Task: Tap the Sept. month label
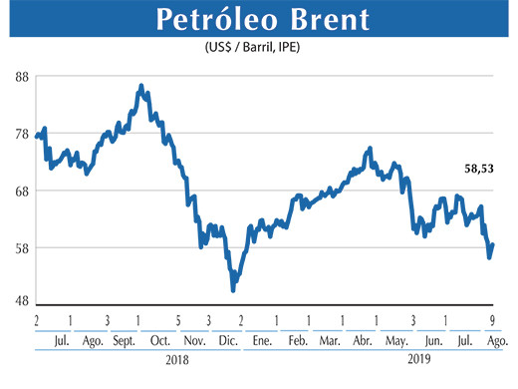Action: point(126,341)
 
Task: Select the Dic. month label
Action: point(228,341)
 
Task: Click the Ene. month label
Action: point(263,341)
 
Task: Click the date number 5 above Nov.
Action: point(178,321)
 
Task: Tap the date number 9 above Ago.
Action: point(493,321)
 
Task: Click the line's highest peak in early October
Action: point(141,86)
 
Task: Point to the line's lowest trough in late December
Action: point(233,289)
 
